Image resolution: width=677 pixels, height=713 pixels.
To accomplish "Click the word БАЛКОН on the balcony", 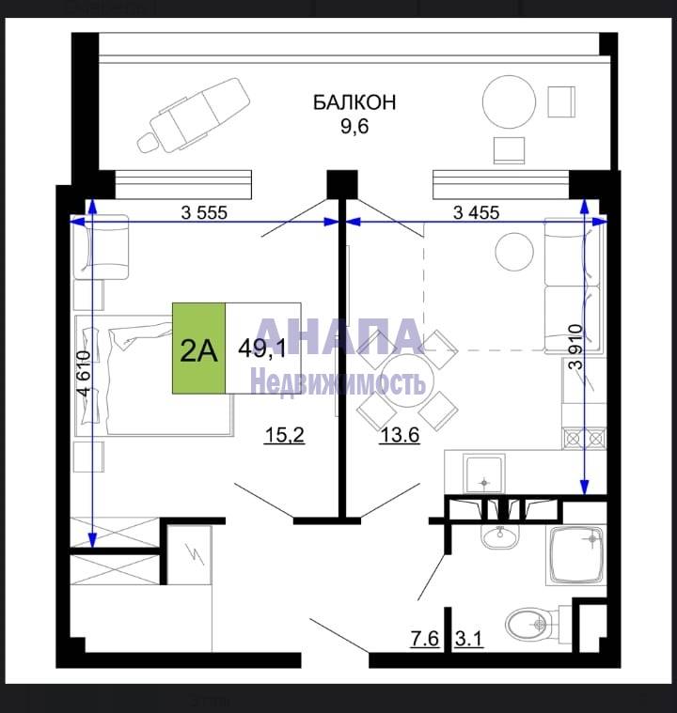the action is [x=354, y=102].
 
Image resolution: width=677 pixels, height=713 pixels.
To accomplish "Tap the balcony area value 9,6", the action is [x=354, y=127].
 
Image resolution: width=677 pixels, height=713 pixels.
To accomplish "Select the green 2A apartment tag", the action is [x=199, y=348].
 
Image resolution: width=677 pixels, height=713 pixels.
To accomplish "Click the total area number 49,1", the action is [x=262, y=349].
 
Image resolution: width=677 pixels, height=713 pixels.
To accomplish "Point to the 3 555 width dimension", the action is [x=204, y=212].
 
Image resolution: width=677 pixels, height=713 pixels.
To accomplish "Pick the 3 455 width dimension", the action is [x=476, y=212].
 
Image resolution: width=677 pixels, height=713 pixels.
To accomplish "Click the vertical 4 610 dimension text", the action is [x=85, y=374].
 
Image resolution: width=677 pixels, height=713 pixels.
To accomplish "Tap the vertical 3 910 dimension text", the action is [x=576, y=347].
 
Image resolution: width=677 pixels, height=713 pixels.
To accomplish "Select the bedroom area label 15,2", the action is [x=285, y=436].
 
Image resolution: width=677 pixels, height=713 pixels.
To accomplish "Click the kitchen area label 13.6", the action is [x=400, y=436].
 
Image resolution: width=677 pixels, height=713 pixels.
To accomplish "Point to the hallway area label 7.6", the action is [x=425, y=639].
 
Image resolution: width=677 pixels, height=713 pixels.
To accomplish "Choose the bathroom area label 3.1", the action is [x=468, y=639].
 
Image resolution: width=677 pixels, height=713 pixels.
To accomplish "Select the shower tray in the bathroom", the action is [x=576, y=555].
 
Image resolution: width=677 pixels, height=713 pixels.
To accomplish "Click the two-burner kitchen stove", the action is [x=584, y=439].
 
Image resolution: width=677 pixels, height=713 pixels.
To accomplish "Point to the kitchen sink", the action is [x=484, y=473].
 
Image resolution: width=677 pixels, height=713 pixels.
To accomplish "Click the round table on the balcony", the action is [x=509, y=101].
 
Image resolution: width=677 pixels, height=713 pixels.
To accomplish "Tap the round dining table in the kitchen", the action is [x=407, y=380].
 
